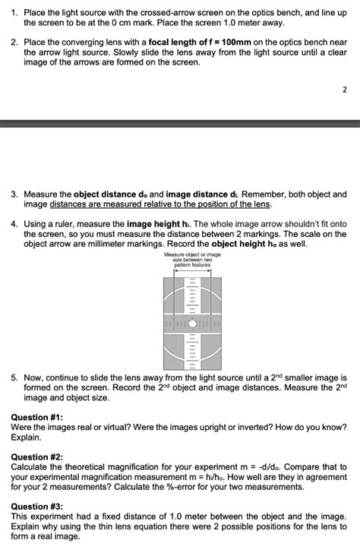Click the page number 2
[x=344, y=90]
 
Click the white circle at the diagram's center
[x=192, y=324]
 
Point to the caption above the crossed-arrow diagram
[x=192, y=260]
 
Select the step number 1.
[x=14, y=13]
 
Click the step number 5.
[x=14, y=378]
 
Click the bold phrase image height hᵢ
[x=159, y=225]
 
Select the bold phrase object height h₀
[x=244, y=245]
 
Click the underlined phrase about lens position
[x=160, y=204]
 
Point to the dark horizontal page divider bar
[x=180, y=123]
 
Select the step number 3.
[x=14, y=194]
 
